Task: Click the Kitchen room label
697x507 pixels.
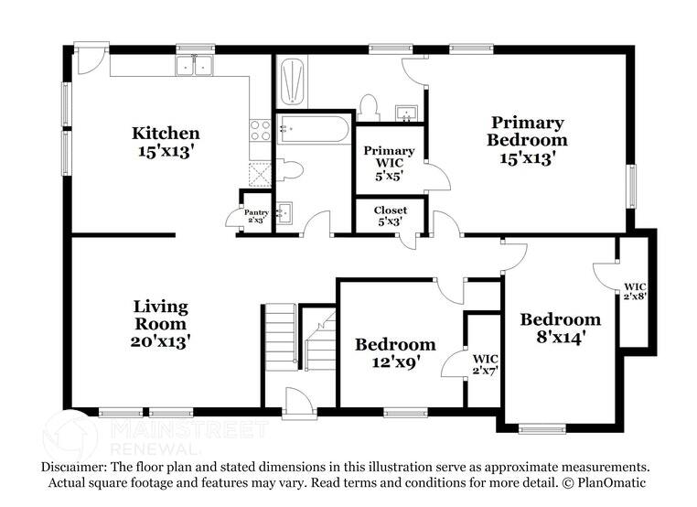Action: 165,143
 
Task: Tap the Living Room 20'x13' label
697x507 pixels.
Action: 160,323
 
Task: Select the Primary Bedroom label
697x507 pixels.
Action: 526,139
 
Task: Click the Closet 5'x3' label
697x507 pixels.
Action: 390,216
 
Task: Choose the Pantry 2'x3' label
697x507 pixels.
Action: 255,215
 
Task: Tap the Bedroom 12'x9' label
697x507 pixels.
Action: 395,352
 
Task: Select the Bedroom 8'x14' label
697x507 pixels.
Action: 560,327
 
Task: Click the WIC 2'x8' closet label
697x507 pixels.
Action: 636,291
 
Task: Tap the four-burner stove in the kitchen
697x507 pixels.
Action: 260,129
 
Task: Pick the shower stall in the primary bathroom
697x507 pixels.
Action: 293,83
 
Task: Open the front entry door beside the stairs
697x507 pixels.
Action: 299,404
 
